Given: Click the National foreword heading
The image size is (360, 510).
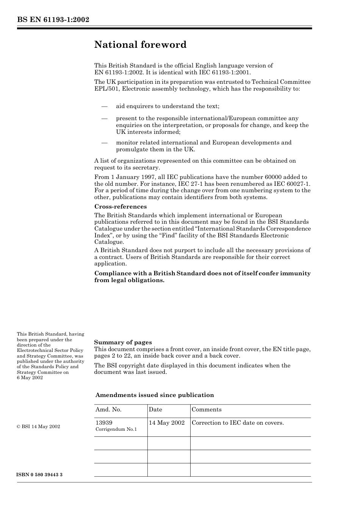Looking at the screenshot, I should pyautogui.click(x=140, y=45).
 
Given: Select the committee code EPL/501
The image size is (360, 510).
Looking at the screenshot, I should pyautogui.click(x=106, y=89).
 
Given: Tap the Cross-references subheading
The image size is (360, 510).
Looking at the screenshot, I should pyautogui.click(x=120, y=207).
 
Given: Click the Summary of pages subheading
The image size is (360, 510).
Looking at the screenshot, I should pyautogui.click(x=123, y=342).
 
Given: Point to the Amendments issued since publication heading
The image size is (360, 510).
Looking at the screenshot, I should pyautogui.click(x=155, y=395).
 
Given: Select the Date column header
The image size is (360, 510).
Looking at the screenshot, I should pyautogui.click(x=155, y=410).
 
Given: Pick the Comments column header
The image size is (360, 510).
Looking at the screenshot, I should pyautogui.click(x=207, y=410).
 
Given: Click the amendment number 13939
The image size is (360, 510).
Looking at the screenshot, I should pyautogui.click(x=104, y=423).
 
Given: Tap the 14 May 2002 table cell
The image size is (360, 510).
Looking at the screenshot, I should pyautogui.click(x=167, y=423).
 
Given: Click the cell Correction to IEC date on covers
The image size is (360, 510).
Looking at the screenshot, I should pyautogui.click(x=238, y=423).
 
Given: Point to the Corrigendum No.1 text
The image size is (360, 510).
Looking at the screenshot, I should pyautogui.click(x=116, y=430).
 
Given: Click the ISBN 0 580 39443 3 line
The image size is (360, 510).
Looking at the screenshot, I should pyautogui.click(x=40, y=475).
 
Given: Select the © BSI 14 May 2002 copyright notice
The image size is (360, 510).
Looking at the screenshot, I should pyautogui.click(x=38, y=427).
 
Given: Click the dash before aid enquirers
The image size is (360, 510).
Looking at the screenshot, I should pyautogui.click(x=104, y=107).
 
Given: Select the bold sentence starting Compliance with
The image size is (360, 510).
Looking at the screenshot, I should pyautogui.click(x=202, y=277).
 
